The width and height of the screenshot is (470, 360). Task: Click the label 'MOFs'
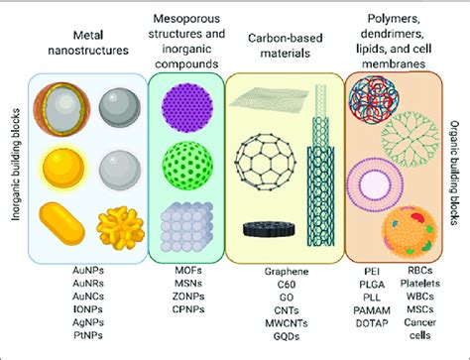click(186, 271)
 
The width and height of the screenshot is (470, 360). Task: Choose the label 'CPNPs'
click(186, 307)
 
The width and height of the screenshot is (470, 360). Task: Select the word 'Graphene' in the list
click(287, 271)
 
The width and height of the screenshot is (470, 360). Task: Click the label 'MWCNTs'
click(287, 320)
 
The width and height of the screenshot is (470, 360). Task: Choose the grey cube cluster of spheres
click(186, 223)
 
